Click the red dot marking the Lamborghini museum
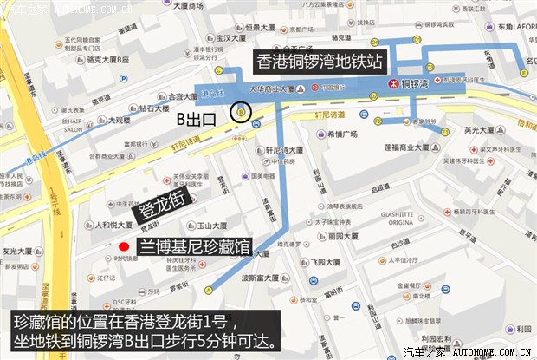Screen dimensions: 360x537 124,245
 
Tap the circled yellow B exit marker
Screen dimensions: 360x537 241,111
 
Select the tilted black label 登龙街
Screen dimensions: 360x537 159,208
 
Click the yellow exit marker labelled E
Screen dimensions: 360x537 523,75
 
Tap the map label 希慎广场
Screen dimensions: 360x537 343,135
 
